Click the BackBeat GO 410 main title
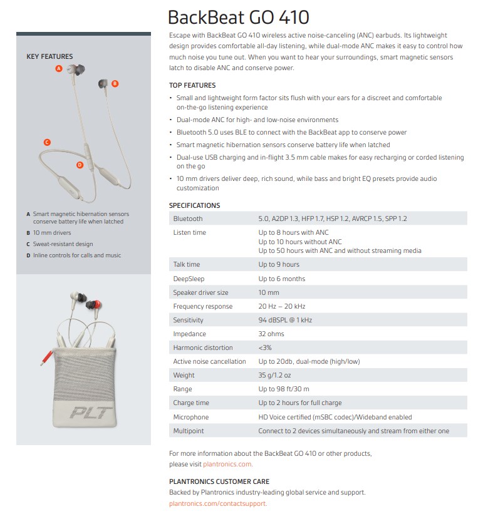pyautogui.click(x=239, y=17)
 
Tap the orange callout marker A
pyautogui.click(x=59, y=68)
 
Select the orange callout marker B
pyautogui.click(x=115, y=83)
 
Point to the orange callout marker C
pyautogui.click(x=47, y=142)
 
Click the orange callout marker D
pyautogui.click(x=80, y=165)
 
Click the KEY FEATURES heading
pyautogui.click(x=49, y=56)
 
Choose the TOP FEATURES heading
pyautogui.click(x=192, y=85)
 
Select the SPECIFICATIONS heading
pyautogui.click(x=194, y=205)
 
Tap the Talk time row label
pyautogui.click(x=187, y=265)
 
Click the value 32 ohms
pyautogui.click(x=271, y=334)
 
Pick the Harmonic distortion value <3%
pyautogui.click(x=265, y=347)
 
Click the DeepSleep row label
pyautogui.click(x=189, y=279)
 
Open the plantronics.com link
pyautogui.click(x=227, y=465)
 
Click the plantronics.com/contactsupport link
pyautogui.click(x=218, y=503)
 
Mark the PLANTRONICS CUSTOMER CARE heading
pyautogui.click(x=219, y=481)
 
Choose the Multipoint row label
pyautogui.click(x=189, y=431)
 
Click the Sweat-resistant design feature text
pyautogui.click(x=63, y=244)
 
